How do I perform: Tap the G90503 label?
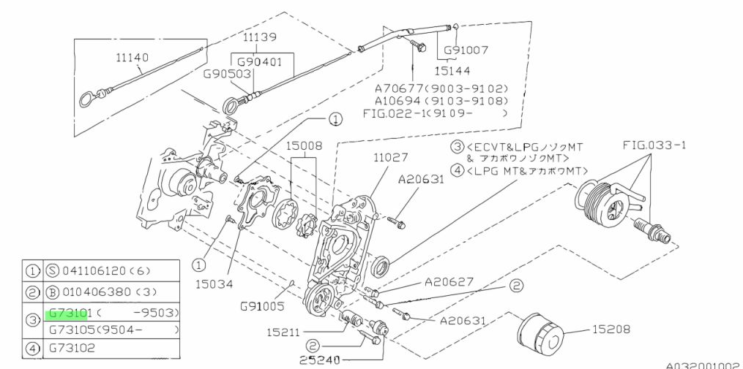[227, 74]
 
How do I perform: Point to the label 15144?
[452, 72]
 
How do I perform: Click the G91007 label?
[464, 50]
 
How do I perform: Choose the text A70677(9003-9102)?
[441, 88]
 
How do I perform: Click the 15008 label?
[303, 146]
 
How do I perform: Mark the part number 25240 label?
[320, 360]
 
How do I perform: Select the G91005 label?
[263, 306]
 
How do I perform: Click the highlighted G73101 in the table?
[68, 313]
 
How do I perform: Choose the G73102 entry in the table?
[72, 349]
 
